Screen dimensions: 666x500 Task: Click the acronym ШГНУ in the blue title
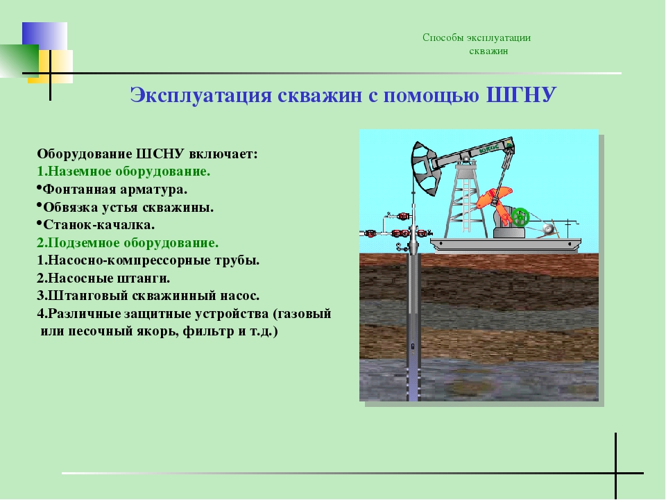[521, 95]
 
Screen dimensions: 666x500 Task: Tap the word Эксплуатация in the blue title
[200, 95]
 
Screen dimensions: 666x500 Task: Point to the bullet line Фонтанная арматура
[115, 189]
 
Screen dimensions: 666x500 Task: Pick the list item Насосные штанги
[103, 278]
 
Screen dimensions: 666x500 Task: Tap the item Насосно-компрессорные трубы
[148, 260]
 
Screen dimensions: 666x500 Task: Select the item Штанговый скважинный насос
[148, 296]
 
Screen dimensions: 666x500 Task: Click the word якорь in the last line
[155, 331]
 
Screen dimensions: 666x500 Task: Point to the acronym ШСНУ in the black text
[160, 153]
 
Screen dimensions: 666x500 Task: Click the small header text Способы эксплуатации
[477, 37]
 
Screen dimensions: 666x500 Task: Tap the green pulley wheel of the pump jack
[520, 217]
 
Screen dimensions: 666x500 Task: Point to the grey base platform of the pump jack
[506, 244]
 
